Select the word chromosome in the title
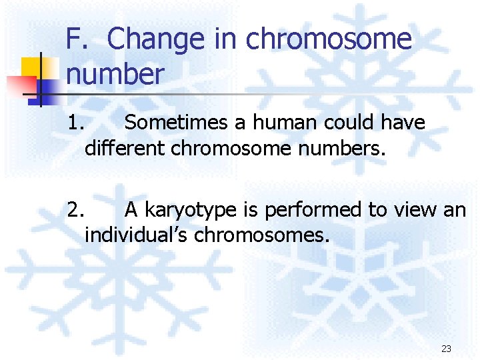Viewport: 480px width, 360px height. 329,40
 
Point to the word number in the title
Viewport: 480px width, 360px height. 115,73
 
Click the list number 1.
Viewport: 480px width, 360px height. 76,123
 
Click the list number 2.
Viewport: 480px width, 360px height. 76,211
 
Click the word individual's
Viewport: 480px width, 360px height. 127,235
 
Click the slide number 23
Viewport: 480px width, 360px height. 446,349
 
